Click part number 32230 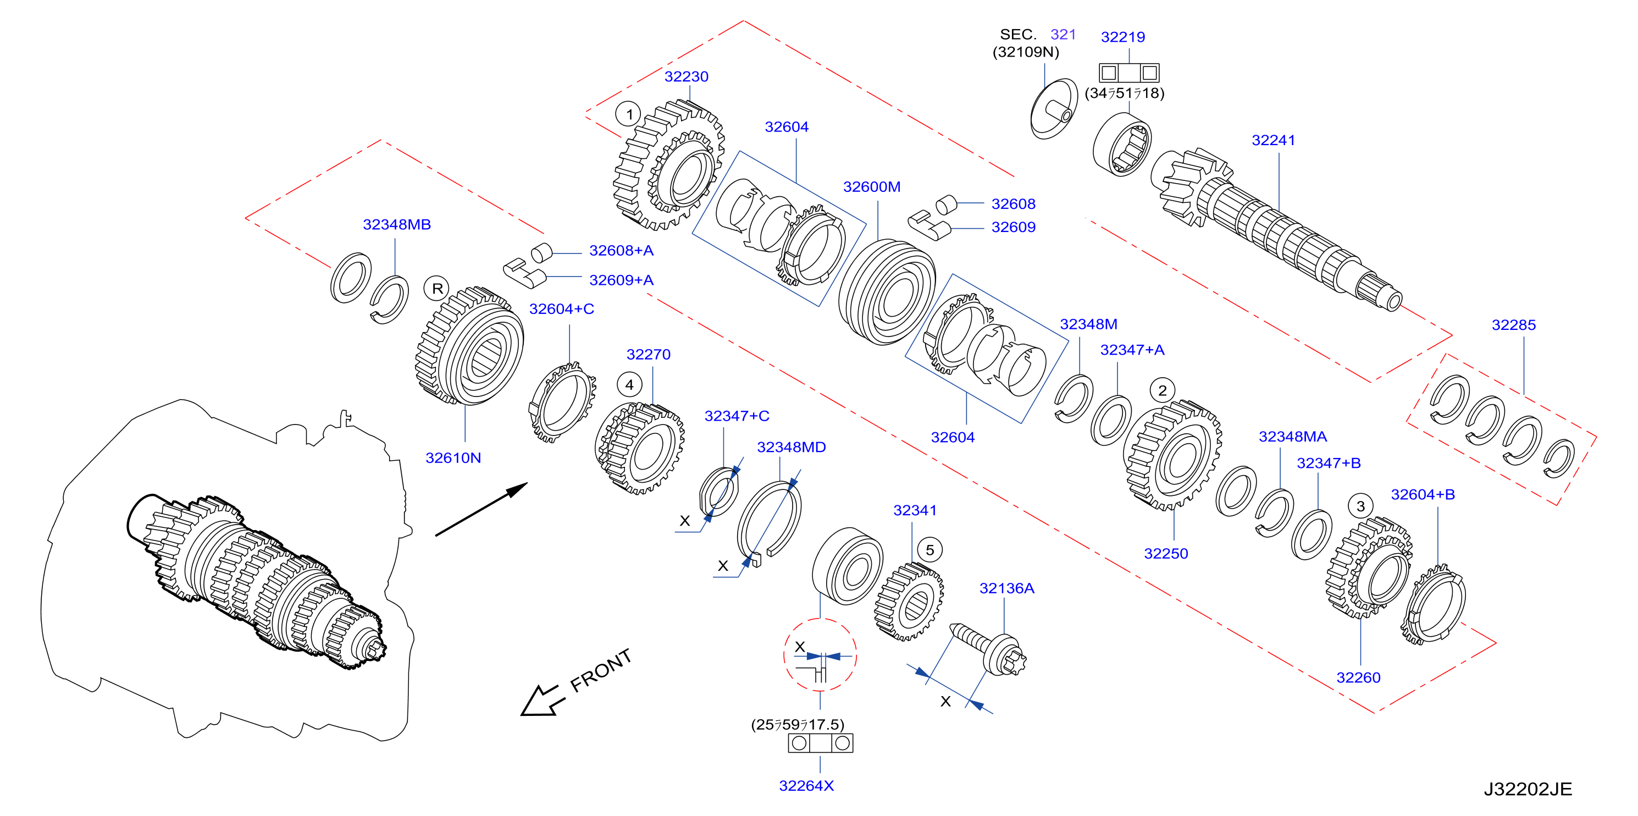[x=686, y=76]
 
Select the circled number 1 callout [x=629, y=114]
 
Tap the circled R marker [x=437, y=289]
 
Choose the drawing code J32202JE [x=1528, y=789]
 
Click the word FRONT [x=601, y=670]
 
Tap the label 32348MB [x=397, y=224]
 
